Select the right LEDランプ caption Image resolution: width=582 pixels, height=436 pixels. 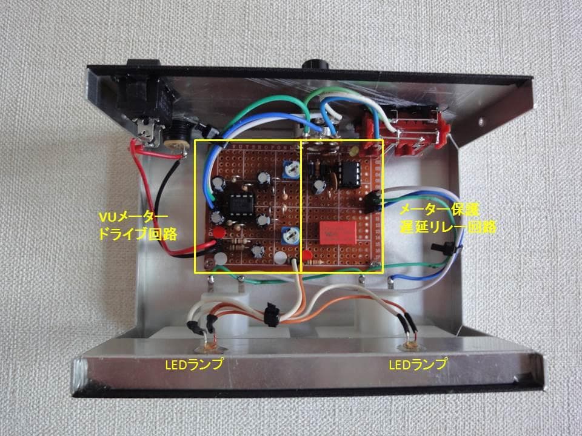tap(418, 364)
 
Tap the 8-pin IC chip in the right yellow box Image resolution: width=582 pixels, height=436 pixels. tap(350, 174)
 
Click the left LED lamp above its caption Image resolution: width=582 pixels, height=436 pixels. tap(209, 348)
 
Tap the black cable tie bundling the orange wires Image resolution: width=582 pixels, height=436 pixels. tap(270, 314)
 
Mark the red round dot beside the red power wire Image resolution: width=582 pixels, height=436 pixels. tap(219, 233)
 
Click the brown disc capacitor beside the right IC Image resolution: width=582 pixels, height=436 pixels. tap(333, 180)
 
